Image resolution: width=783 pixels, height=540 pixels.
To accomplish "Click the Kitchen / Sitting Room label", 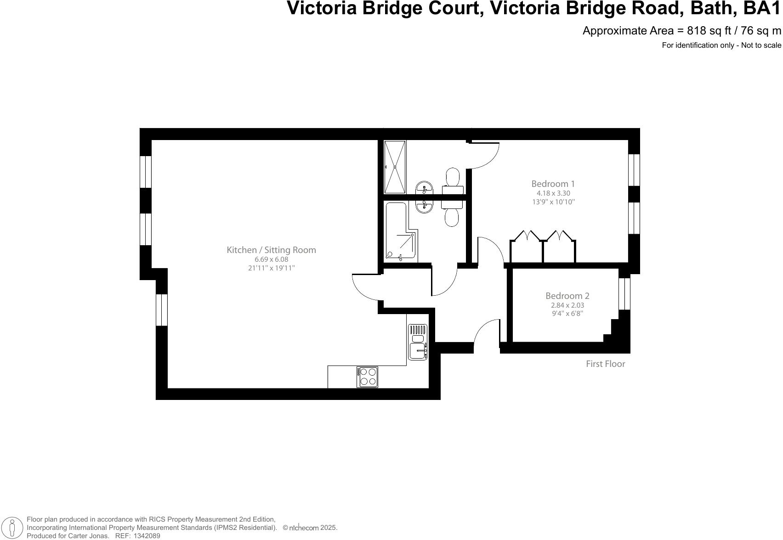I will pyautogui.click(x=271, y=250).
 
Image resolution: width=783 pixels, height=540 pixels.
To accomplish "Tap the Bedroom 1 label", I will pyautogui.click(x=553, y=184).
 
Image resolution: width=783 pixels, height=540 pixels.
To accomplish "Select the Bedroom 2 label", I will pyautogui.click(x=567, y=296).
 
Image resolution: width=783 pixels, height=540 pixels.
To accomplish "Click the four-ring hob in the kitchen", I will pyautogui.click(x=367, y=377).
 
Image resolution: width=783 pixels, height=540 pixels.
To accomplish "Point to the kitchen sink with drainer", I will pyautogui.click(x=418, y=342).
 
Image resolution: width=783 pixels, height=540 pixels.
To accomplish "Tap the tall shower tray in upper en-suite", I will pyautogui.click(x=395, y=167).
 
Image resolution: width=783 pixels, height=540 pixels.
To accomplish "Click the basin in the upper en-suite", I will pyautogui.click(x=424, y=188).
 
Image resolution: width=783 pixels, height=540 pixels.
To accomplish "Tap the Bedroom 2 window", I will pyautogui.click(x=624, y=294).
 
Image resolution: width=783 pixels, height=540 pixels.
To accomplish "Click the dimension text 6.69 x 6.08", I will pyautogui.click(x=271, y=259).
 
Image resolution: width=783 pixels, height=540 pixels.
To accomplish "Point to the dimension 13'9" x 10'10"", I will pyautogui.click(x=553, y=202).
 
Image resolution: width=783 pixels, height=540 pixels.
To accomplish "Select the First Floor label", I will pyautogui.click(x=605, y=364).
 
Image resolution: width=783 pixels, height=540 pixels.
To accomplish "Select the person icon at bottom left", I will pyautogui.click(x=12, y=528).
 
